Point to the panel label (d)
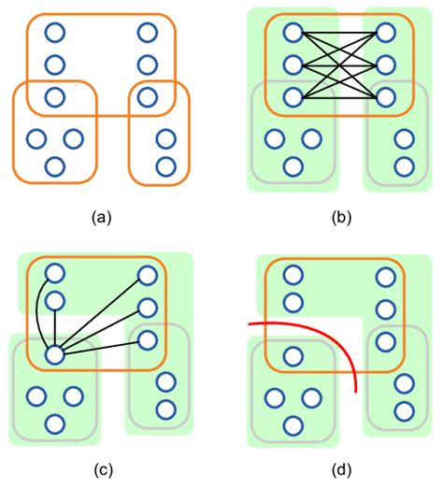pos(339,471)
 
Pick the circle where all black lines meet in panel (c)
pos(54,354)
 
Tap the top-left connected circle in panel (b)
pos(293,34)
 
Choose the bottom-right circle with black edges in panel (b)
pos(385,96)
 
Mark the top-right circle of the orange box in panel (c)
pos(147,274)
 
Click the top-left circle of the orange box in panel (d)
pos(293,274)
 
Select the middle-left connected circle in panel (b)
pos(293,65)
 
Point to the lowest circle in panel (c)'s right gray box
pos(165,409)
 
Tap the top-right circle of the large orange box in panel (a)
pos(147,34)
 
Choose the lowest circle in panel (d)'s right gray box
pos(404,409)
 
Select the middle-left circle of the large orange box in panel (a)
pos(54,65)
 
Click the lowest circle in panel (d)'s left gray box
pos(293,424)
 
